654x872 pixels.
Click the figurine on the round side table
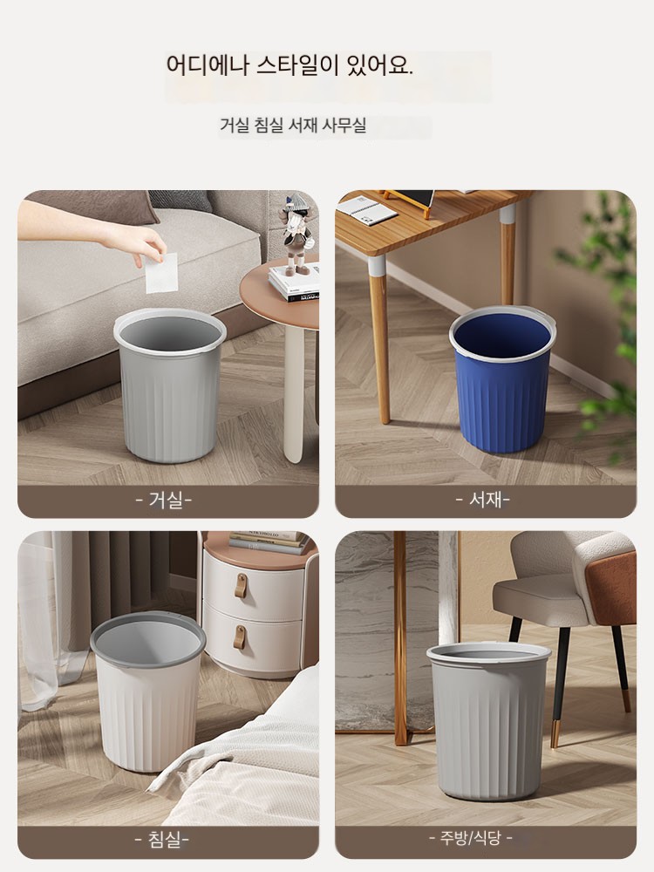pyautogui.click(x=297, y=234)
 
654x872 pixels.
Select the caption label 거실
pyautogui.click(x=164, y=500)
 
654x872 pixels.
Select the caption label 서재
pyautogui.click(x=483, y=500)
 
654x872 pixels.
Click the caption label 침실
pyautogui.click(x=162, y=839)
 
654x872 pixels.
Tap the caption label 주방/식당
pyautogui.click(x=471, y=837)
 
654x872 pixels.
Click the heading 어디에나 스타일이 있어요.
pyautogui.click(x=290, y=65)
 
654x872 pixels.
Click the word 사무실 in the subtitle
pyautogui.click(x=344, y=125)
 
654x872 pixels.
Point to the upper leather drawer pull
pyautogui.click(x=241, y=586)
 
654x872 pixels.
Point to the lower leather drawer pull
pyautogui.click(x=239, y=637)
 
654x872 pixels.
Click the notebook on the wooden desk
pyautogui.click(x=366, y=210)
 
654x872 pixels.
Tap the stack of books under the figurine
pyautogui.click(x=295, y=283)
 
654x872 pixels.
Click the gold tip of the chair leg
pyautogui.click(x=555, y=734)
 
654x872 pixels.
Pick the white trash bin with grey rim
pyautogui.click(x=147, y=691)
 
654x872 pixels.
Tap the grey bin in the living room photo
pyautogui.click(x=170, y=385)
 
